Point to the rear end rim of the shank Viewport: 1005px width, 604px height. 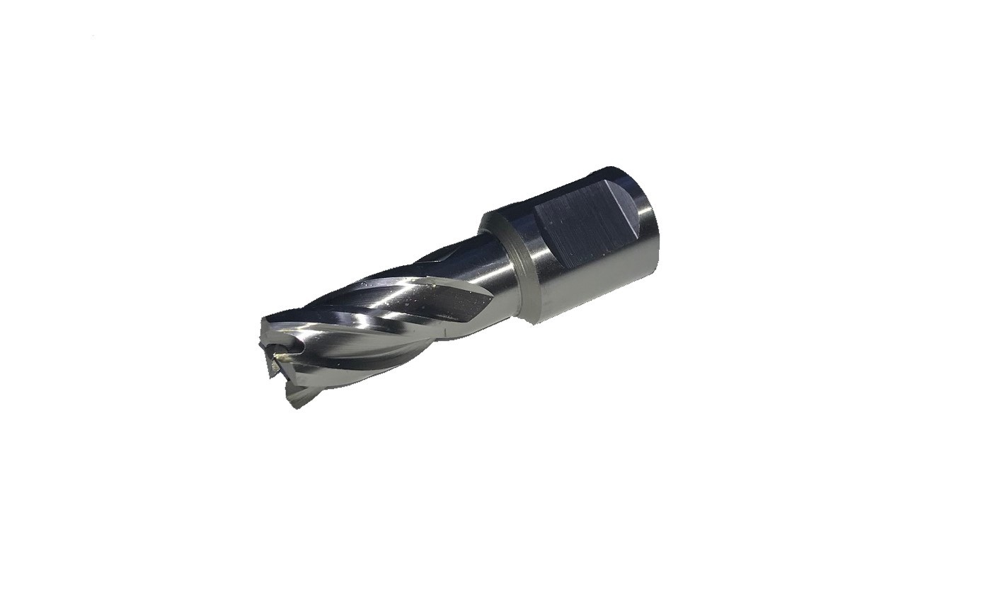coord(655,240)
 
